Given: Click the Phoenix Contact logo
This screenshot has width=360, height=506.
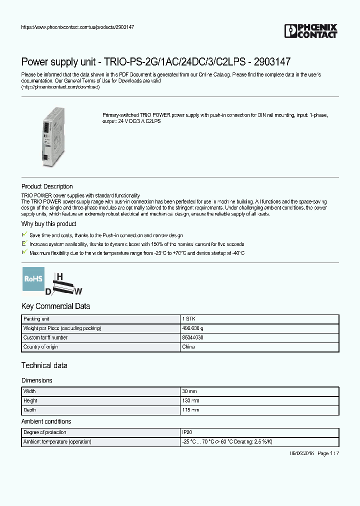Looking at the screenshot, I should tap(310, 31).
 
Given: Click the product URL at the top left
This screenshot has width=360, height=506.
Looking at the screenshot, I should tap(77, 26).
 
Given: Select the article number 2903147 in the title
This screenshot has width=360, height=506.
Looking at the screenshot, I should tap(272, 62).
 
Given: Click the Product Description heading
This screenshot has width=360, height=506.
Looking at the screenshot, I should tap(47, 186).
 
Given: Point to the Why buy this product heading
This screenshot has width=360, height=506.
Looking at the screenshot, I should tap(48, 224).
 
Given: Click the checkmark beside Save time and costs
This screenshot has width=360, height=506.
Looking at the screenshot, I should tap(24, 234).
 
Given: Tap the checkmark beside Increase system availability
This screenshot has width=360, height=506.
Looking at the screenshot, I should tap(24, 243).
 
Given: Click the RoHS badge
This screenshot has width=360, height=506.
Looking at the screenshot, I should tap(33, 279).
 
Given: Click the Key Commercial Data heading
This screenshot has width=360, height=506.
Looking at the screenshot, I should tap(55, 306).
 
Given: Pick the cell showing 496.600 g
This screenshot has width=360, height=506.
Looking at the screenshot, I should tap(192, 328).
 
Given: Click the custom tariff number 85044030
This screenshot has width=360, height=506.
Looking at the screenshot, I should tap(192, 337).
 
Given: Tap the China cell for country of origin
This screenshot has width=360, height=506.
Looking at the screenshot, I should tap(188, 347).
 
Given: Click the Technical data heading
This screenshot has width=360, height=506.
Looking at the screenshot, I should tap(44, 365).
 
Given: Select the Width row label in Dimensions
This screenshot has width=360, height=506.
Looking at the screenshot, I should tap(29, 391).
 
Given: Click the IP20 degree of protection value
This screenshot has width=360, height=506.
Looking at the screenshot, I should tap(187, 432).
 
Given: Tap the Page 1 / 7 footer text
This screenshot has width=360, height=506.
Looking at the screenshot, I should tap(328, 453).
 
